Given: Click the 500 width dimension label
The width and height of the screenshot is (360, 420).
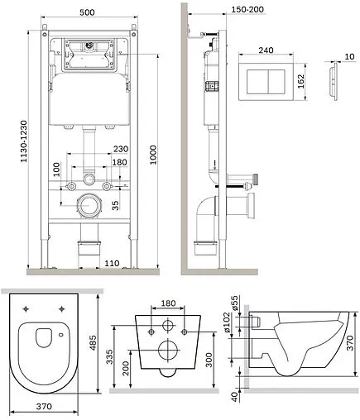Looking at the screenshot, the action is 87,12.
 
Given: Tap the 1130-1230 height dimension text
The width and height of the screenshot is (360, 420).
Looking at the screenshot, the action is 24,141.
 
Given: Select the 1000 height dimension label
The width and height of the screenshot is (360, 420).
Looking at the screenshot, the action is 153,155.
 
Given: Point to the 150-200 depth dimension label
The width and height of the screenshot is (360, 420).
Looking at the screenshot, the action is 247,9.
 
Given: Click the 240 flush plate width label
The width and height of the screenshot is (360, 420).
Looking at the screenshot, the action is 266,50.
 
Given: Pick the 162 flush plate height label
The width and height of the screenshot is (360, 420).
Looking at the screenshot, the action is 300,81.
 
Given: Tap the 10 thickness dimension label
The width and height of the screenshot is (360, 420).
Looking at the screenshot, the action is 349,56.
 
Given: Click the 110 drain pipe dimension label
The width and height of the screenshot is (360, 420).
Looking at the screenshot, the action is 112,263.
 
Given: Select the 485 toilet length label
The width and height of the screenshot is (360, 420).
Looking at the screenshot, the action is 94,342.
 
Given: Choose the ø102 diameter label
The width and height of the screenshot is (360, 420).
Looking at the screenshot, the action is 227,322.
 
